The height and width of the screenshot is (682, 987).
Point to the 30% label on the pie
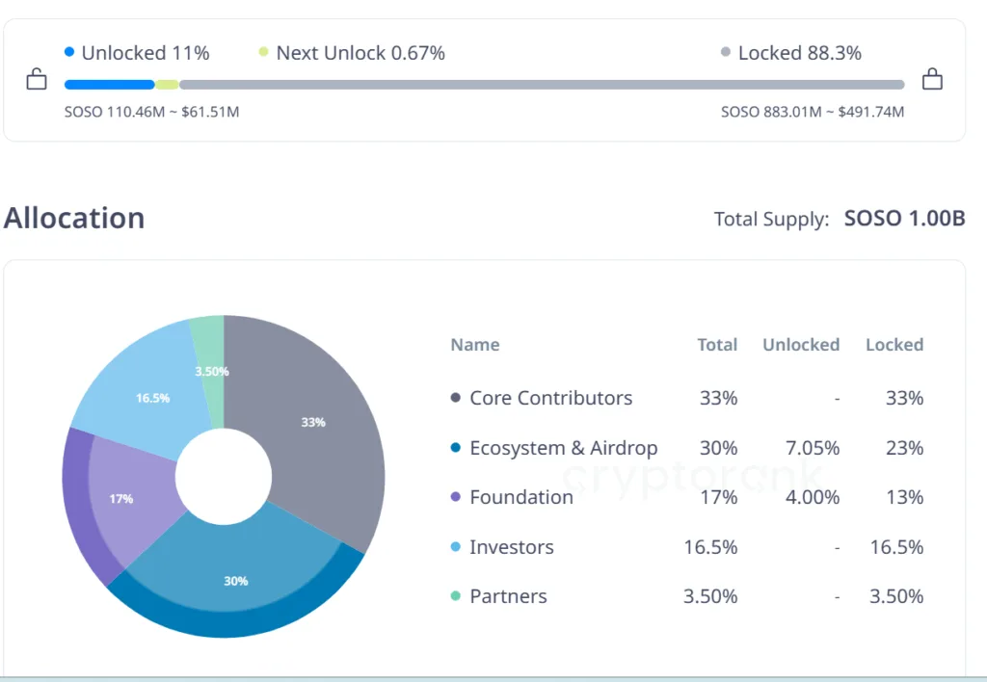[x=236, y=581]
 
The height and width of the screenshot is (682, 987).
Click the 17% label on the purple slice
[x=121, y=499]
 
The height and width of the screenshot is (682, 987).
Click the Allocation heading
[x=74, y=218]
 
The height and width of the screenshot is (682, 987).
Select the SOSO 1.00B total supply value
[x=904, y=219]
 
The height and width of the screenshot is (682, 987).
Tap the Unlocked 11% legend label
[x=145, y=53]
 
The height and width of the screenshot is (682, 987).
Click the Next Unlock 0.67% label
[x=360, y=53]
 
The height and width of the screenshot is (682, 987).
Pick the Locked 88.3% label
[x=799, y=53]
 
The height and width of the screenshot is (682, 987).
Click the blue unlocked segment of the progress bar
[x=109, y=85]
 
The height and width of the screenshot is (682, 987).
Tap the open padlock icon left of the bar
[x=37, y=79]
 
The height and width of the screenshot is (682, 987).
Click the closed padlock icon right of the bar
[x=932, y=79]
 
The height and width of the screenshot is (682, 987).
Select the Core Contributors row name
[x=550, y=398]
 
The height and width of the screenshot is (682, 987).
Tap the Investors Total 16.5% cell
[x=710, y=547]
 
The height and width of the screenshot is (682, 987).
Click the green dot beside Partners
[x=456, y=596]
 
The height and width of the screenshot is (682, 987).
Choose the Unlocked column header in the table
[x=800, y=345]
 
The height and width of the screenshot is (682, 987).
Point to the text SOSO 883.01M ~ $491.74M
[x=813, y=112]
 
